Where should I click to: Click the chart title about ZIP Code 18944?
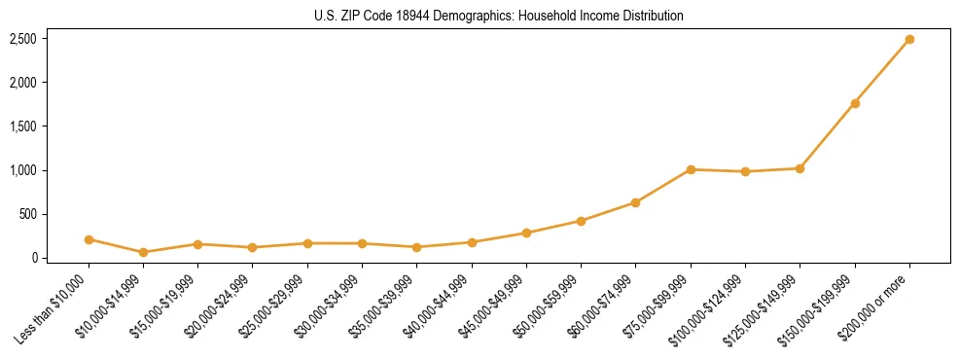[499, 16]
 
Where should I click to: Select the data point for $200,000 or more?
[909, 40]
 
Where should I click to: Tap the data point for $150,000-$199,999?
[855, 103]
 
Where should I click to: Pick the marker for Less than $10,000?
[89, 239]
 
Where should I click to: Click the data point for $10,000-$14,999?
[143, 252]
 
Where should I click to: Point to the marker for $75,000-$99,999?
[691, 169]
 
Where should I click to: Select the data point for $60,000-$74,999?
[635, 202]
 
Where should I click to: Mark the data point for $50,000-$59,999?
[581, 221]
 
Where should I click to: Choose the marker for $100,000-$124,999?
[745, 171]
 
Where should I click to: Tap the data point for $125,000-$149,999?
[800, 168]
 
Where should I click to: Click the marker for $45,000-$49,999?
[526, 233]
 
